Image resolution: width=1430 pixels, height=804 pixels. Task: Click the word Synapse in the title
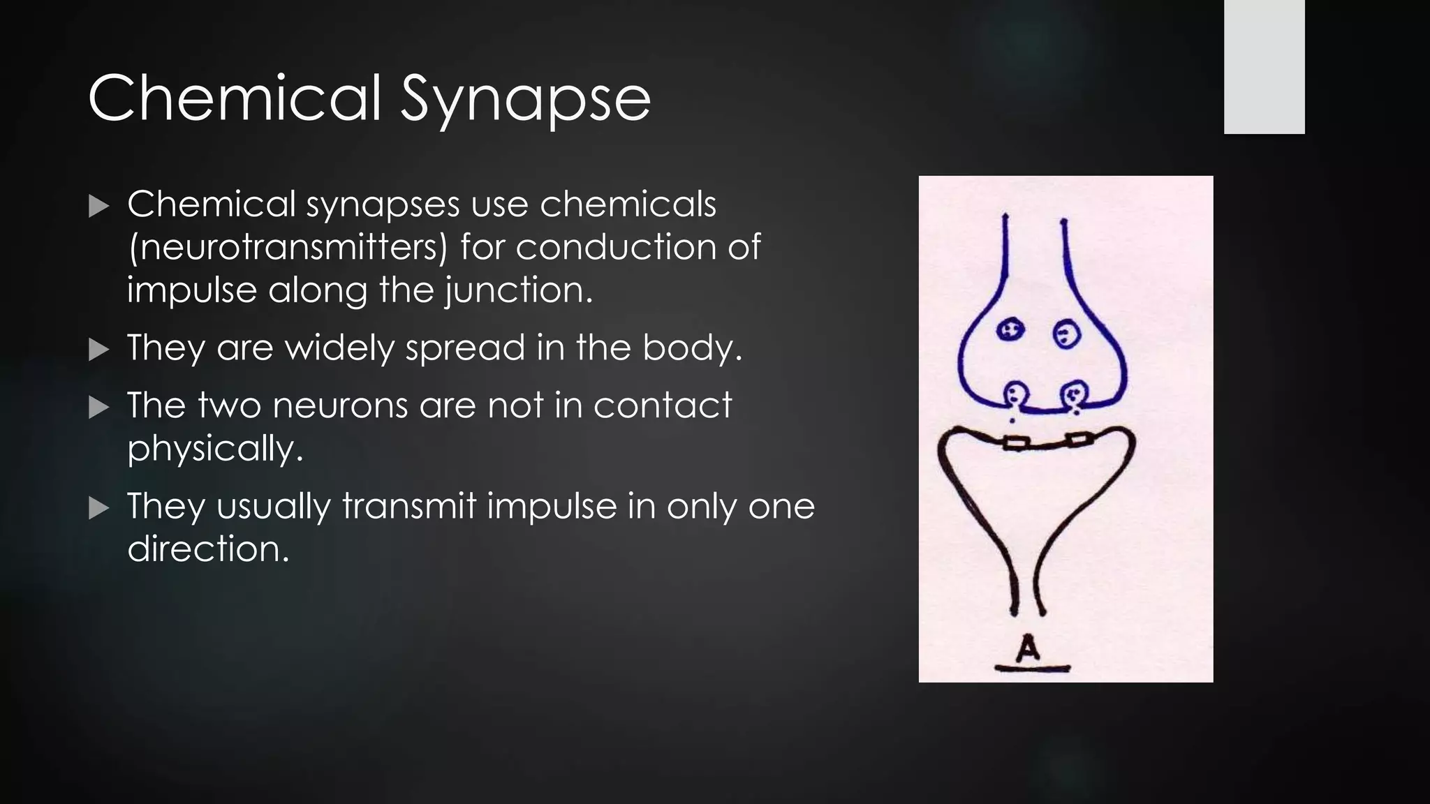525,98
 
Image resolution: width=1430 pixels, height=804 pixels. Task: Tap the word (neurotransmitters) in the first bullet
288,248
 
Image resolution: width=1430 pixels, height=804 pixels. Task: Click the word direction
207,549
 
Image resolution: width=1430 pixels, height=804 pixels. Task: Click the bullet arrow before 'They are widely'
100,350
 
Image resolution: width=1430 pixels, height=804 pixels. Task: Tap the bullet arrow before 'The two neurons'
100,407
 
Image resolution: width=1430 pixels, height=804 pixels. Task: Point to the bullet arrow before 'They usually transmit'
100,508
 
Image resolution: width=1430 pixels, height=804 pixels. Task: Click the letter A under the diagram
1028,648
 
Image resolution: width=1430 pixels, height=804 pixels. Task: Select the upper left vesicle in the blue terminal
1010,329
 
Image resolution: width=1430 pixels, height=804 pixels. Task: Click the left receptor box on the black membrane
1017,442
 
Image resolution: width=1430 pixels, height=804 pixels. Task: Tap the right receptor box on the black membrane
1079,440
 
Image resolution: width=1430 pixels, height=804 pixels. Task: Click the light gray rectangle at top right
1264,66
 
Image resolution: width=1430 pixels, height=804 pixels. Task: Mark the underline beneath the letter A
1032,669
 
